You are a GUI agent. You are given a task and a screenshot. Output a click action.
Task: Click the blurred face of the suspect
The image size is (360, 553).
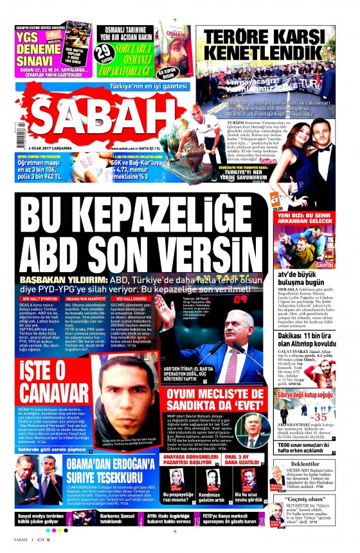pos(122,386)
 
